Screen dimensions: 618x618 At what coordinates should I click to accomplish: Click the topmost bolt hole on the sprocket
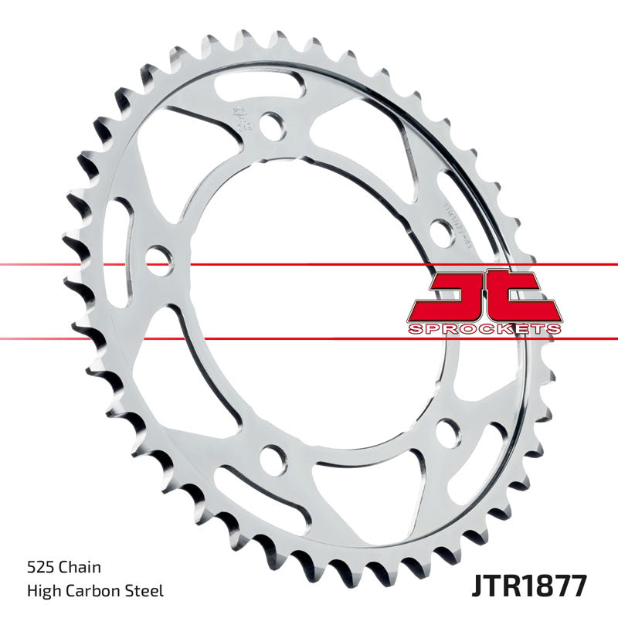point(270,123)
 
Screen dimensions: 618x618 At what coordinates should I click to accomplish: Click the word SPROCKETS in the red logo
point(484,329)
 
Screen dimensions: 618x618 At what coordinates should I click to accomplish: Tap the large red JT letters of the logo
point(484,296)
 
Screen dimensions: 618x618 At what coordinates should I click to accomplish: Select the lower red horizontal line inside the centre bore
point(309,338)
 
